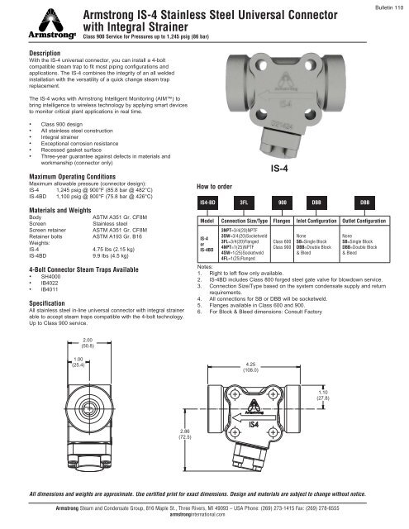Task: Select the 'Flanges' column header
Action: click(x=283, y=222)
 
